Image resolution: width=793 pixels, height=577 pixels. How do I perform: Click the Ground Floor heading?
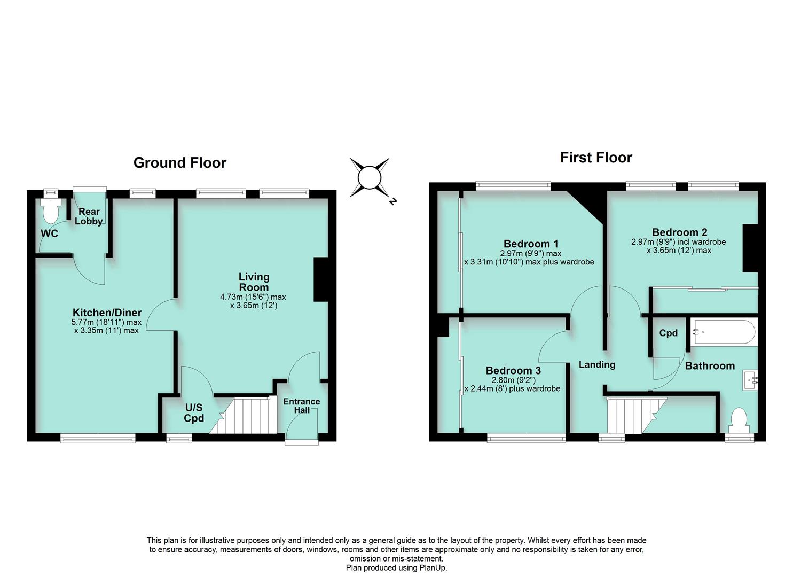pos(179,162)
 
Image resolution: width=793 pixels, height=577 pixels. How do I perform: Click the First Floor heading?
pos(596,157)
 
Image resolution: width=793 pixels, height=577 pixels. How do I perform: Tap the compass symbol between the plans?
pos(369,178)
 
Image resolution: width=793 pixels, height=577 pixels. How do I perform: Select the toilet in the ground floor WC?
pos(51,212)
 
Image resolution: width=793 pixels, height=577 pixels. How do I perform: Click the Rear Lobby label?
pos(89,216)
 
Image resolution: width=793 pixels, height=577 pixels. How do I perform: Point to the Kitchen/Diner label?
pos(107,313)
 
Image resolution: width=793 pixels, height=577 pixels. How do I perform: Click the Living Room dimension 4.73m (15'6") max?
pos(253,297)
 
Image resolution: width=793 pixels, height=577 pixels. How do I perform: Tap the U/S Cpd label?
pos(194,413)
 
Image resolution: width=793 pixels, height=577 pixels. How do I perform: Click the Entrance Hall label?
pos(301,405)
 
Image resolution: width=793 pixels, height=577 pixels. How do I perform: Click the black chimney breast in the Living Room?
pos(321,280)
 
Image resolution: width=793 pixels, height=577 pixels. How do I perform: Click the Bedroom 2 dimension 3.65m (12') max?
pos(679,250)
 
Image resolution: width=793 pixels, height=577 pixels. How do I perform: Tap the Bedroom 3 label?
pos(513,370)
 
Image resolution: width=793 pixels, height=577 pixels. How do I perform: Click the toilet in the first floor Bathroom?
pos(739,420)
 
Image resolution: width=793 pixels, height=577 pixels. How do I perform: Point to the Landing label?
pos(597,364)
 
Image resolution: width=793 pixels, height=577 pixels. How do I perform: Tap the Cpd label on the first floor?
pos(668,333)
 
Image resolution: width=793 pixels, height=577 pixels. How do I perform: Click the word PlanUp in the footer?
pos(434,568)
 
